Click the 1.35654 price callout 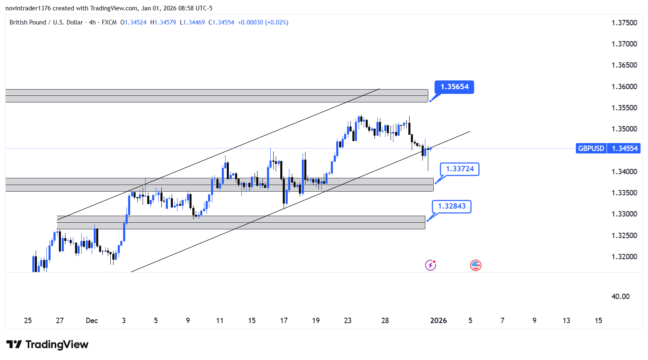[454, 87]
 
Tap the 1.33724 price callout [459, 169]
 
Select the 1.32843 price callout [451, 206]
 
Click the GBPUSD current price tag [608, 148]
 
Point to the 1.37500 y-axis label [624, 23]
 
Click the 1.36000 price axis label [624, 87]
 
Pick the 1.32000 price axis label [624, 257]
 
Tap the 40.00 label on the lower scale [620, 297]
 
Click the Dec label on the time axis [92, 321]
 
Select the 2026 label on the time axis [439, 321]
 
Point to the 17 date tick [284, 321]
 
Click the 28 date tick [385, 321]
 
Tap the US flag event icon [476, 265]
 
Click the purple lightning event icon [430, 265]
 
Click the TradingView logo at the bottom [48, 345]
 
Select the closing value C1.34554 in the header [221, 22]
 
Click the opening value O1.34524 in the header [133, 22]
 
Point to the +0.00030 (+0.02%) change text [263, 22]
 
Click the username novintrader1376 [28, 8]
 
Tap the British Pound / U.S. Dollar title [46, 22]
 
